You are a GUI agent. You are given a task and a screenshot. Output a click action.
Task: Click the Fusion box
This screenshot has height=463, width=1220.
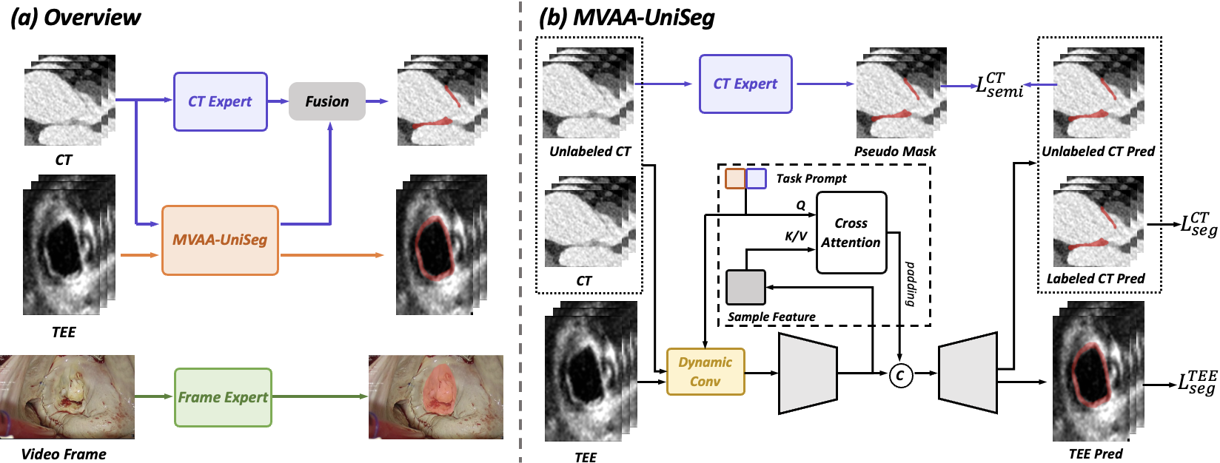click(326, 101)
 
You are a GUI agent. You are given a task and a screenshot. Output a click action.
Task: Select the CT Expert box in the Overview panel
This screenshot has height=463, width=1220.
click(221, 102)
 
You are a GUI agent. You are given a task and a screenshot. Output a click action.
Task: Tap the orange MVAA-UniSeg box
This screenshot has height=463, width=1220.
click(220, 240)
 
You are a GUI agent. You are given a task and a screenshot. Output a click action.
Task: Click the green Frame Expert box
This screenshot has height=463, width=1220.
click(223, 397)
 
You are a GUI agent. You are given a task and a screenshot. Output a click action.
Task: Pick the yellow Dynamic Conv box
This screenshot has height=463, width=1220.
click(705, 371)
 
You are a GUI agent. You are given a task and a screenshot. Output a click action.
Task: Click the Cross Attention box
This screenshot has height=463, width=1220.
click(851, 232)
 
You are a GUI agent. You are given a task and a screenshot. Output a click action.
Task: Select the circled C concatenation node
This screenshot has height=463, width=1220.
click(900, 375)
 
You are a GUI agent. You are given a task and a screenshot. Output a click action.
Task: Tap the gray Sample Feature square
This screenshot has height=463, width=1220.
click(745, 287)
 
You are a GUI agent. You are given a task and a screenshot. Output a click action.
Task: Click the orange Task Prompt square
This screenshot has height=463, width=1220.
click(734, 178)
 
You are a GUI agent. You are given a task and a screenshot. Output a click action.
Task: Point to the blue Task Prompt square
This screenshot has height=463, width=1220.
click(756, 178)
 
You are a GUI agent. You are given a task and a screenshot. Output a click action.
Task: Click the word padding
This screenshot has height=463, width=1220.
click(910, 283)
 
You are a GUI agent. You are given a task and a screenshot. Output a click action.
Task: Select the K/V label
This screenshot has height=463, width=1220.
click(796, 236)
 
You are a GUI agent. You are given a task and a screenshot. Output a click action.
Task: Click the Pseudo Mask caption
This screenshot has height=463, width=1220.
click(895, 151)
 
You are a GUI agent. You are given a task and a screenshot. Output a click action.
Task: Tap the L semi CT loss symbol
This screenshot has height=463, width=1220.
click(999, 85)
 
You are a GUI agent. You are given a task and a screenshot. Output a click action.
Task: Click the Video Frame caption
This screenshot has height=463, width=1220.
click(64, 453)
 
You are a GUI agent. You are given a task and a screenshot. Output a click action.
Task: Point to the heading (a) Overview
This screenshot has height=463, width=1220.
click(76, 18)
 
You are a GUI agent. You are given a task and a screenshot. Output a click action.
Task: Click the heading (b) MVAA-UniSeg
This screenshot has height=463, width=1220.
click(626, 18)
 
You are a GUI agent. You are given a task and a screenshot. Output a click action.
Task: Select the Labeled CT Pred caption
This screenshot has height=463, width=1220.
click(1096, 279)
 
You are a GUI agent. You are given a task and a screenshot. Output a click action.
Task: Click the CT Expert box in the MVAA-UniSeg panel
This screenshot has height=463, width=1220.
click(745, 84)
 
